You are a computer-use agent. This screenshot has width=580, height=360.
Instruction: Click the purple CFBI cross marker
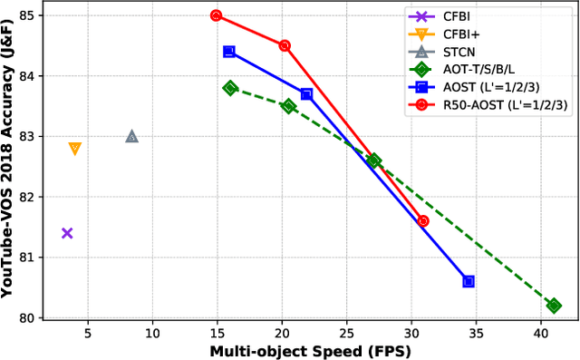(67, 233)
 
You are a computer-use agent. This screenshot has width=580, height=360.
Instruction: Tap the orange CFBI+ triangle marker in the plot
(75, 148)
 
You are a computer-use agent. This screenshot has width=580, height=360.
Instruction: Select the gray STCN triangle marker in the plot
(132, 136)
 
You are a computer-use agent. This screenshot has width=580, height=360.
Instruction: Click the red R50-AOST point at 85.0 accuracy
(216, 15)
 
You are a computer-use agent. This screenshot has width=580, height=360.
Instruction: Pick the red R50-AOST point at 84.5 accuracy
(285, 45)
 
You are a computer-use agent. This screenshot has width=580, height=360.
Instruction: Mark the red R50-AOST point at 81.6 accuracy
(422, 221)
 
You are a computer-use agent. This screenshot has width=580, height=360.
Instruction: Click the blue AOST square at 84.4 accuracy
(229, 52)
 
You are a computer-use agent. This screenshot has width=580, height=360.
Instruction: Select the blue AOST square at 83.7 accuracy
(306, 94)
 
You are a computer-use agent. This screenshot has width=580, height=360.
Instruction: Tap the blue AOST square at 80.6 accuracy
(469, 281)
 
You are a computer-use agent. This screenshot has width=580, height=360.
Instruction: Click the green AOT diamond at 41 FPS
(554, 306)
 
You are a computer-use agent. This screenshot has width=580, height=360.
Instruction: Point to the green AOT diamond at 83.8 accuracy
(230, 88)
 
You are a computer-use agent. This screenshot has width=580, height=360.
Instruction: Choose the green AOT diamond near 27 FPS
(373, 161)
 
